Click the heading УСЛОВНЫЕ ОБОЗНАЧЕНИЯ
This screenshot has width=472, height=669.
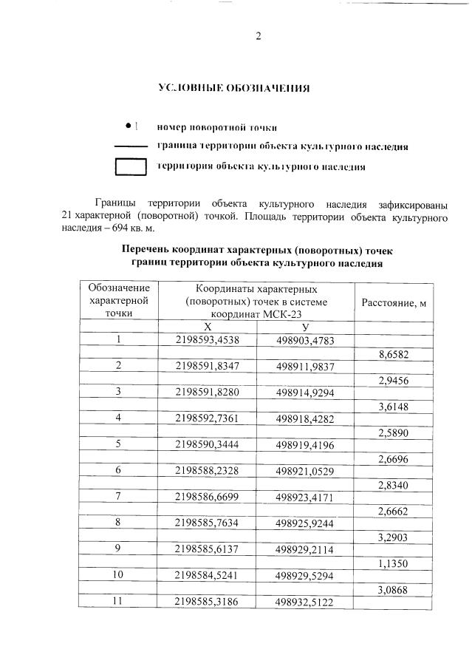point(234,88)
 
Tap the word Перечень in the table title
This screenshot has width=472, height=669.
point(150,249)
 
